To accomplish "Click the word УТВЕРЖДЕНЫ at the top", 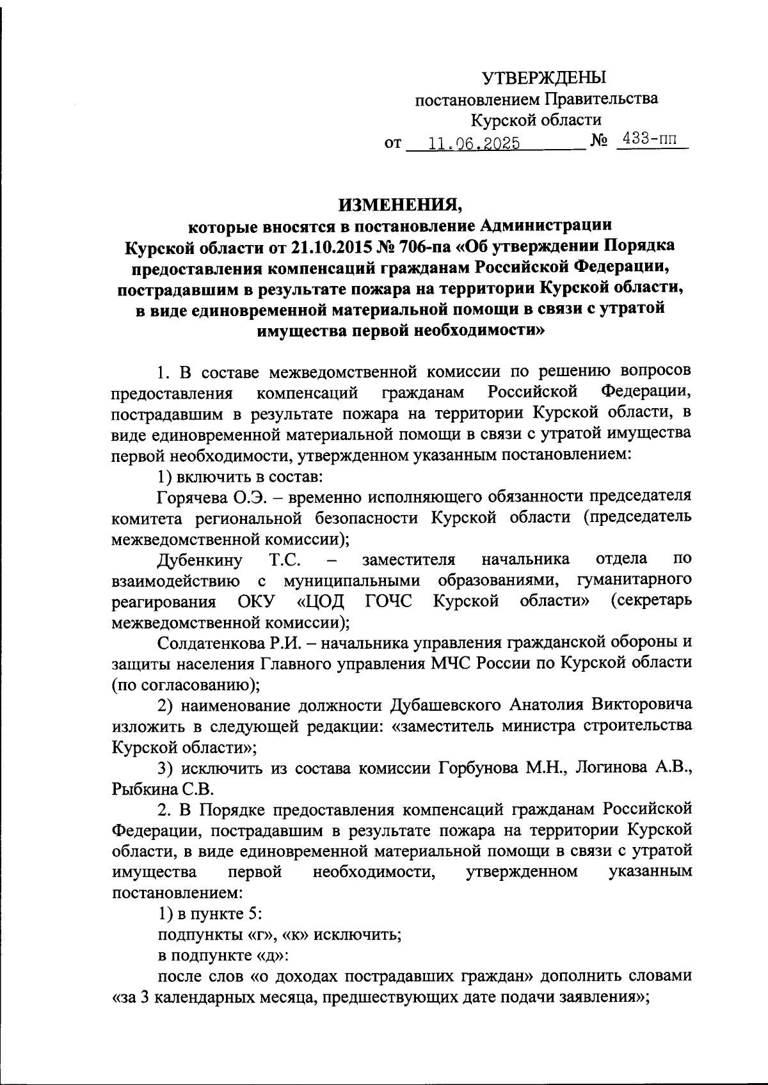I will [543, 77].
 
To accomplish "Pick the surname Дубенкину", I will [200, 560].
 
